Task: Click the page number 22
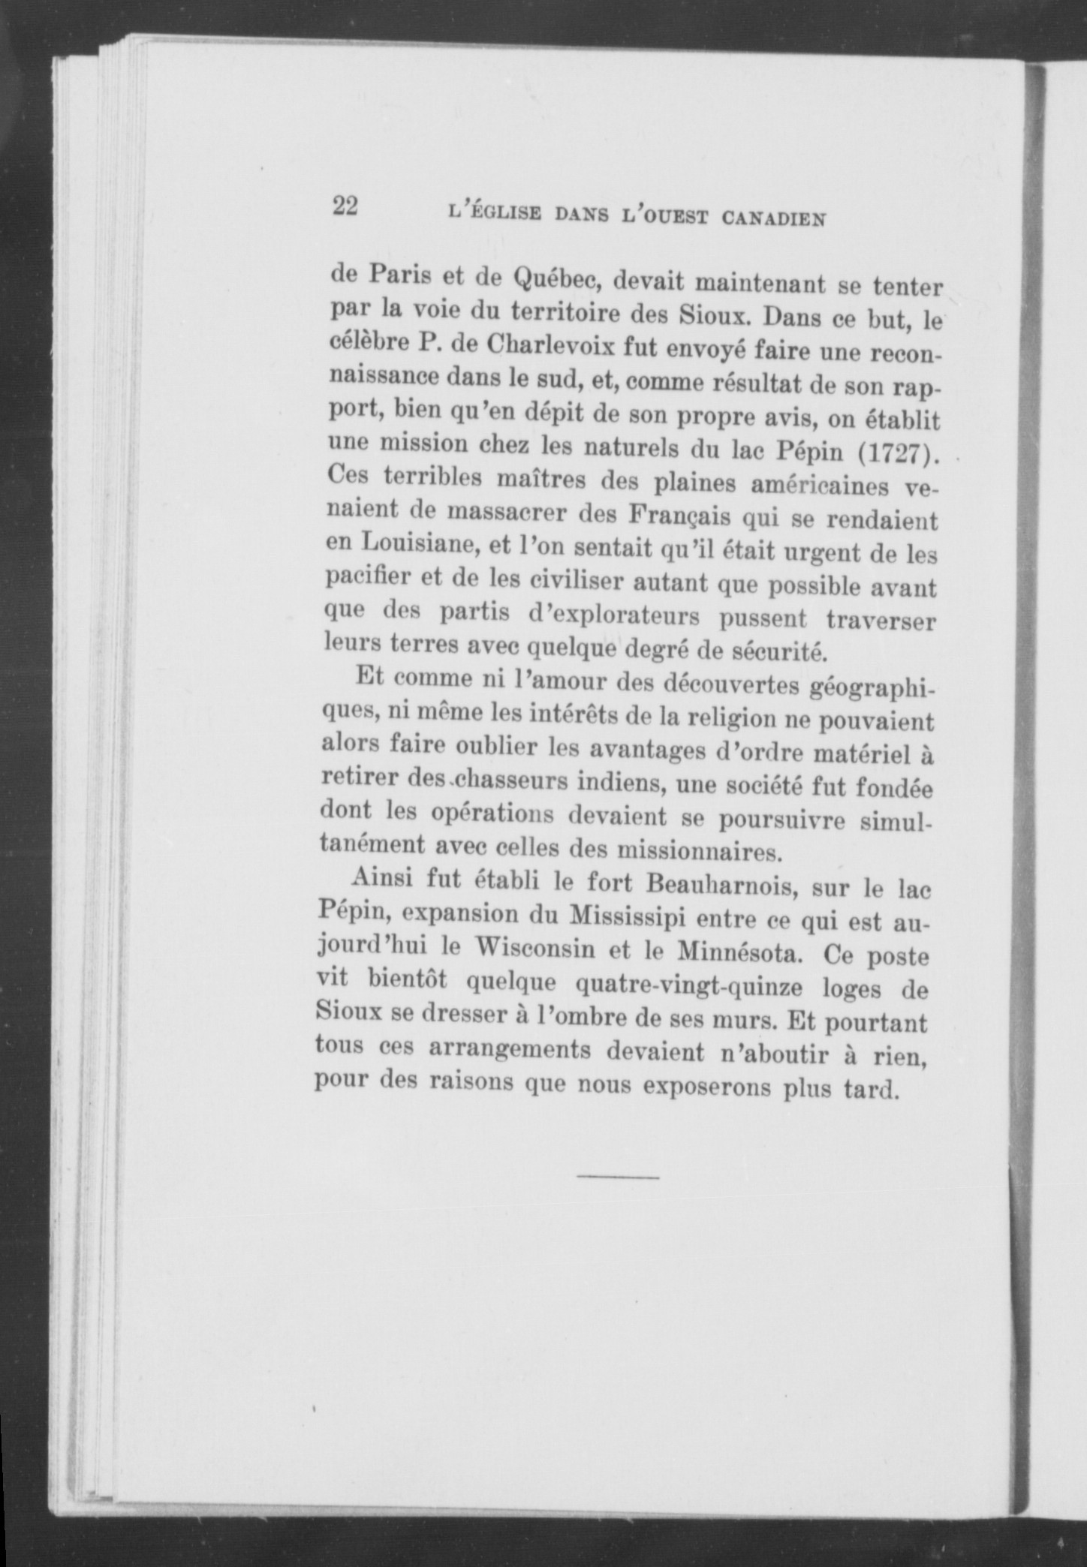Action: tap(345, 206)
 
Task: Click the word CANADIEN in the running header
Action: tap(774, 219)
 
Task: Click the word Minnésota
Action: tap(733, 953)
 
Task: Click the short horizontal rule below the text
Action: tap(618, 1177)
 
